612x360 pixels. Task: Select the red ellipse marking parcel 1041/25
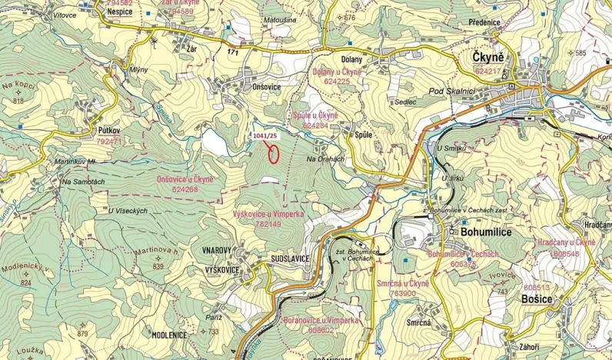273,152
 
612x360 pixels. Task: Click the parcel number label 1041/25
264,135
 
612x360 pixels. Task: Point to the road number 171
234,52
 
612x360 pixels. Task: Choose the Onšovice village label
266,87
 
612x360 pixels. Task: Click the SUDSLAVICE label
290,259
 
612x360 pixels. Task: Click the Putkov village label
111,132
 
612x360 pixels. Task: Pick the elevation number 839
158,266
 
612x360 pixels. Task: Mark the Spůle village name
364,135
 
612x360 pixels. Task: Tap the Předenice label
482,22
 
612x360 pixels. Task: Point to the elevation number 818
18,102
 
